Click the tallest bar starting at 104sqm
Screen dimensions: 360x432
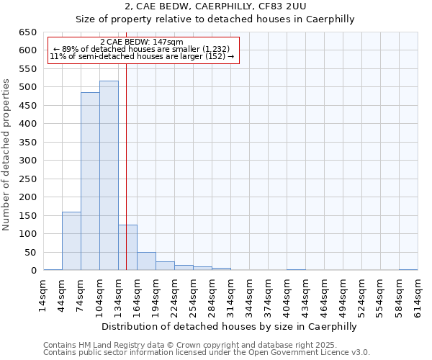(x=109, y=176)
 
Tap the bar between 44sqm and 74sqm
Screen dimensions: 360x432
(x=71, y=241)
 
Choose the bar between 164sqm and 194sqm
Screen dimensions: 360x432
(x=146, y=261)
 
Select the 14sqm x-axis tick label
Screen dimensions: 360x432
(x=44, y=294)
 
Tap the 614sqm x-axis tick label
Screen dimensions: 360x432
(x=418, y=294)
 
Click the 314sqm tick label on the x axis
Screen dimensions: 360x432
(x=231, y=294)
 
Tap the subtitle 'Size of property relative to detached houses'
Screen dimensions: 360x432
(x=215, y=19)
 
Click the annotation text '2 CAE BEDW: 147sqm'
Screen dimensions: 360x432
(x=142, y=42)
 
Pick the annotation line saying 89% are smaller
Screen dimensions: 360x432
(x=142, y=49)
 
